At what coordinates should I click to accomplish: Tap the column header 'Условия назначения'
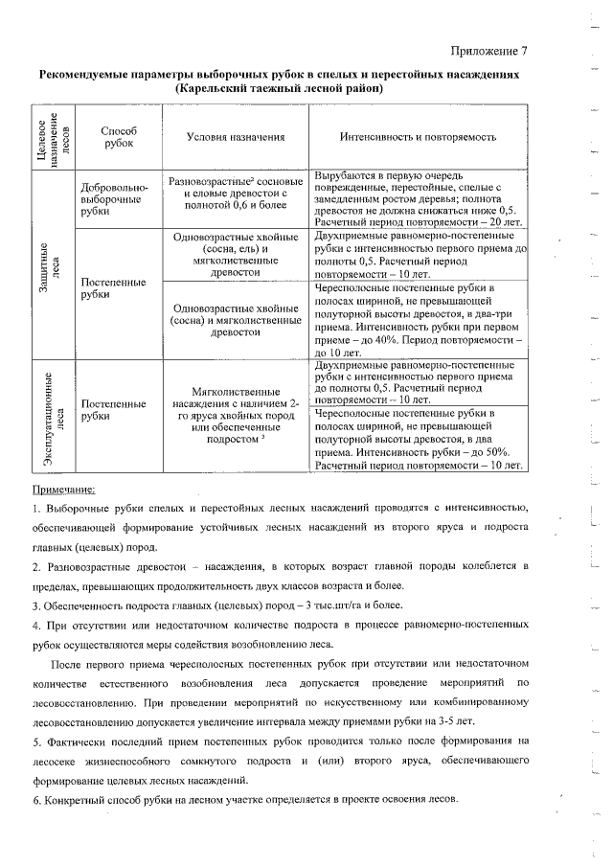click(x=236, y=137)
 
